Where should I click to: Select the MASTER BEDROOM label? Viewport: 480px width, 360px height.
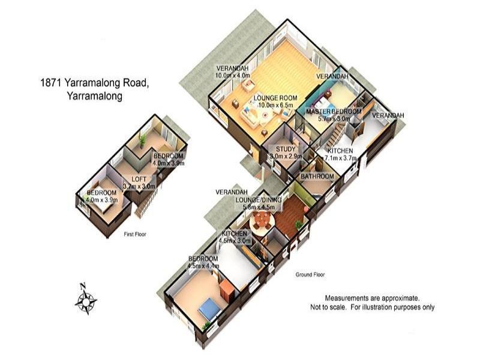[334, 112]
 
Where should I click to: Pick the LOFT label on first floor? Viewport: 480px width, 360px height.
[139, 178]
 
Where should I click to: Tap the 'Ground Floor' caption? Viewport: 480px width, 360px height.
[310, 275]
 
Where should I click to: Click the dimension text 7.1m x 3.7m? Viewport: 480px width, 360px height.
[341, 158]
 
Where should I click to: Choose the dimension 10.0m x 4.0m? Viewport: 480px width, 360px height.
[232, 76]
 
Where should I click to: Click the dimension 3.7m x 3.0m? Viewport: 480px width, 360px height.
[139, 186]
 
